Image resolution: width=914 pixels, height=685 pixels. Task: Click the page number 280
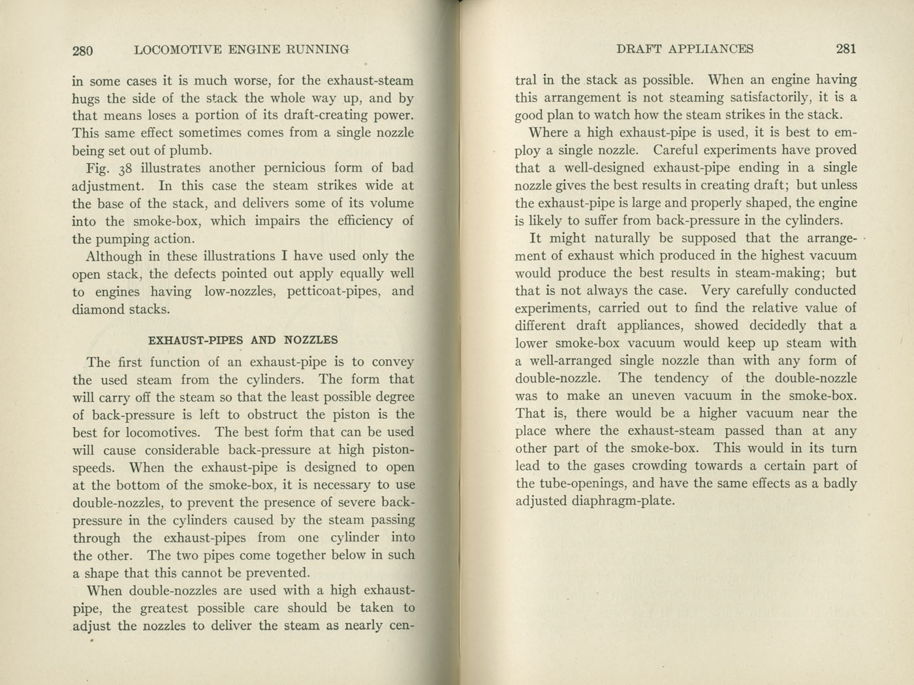tap(83, 50)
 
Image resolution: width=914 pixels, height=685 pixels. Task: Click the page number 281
tap(845, 49)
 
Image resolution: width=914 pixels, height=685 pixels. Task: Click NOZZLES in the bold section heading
tap(311, 340)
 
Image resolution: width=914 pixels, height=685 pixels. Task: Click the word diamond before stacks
tap(98, 309)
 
